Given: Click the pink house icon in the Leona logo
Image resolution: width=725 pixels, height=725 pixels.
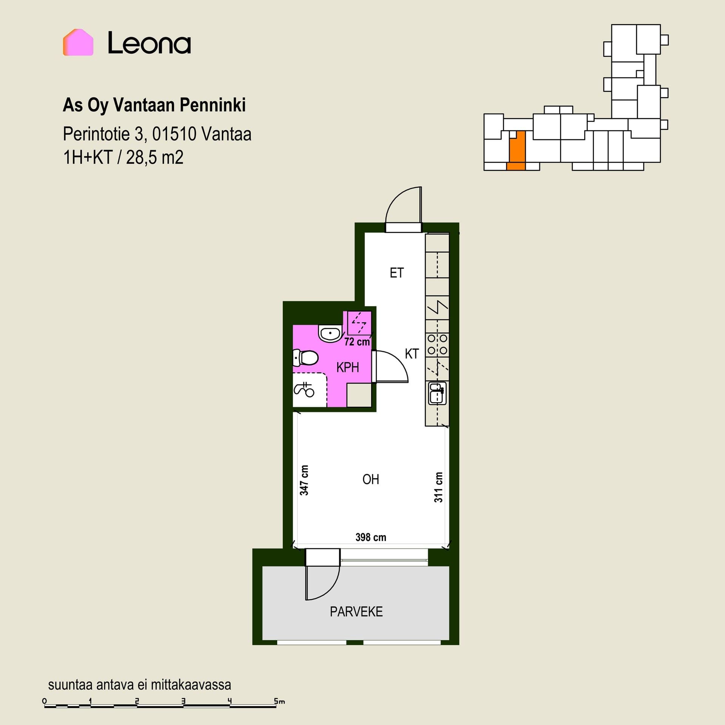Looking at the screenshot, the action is (78, 42).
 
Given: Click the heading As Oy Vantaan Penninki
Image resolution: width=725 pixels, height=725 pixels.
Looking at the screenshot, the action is (154, 105).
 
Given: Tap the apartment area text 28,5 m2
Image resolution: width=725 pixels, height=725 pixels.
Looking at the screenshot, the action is (155, 157).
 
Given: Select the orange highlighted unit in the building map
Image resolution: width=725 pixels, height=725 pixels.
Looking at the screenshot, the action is (517, 151).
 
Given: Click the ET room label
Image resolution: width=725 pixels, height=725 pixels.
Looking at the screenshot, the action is (397, 273).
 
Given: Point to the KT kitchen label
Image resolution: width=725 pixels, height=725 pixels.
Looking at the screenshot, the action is (412, 354).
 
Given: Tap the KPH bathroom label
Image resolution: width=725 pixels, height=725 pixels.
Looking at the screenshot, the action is (347, 367).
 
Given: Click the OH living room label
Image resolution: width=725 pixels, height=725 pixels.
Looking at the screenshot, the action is (370, 480).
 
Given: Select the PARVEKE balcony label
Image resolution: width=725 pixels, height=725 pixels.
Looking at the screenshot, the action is (356, 612).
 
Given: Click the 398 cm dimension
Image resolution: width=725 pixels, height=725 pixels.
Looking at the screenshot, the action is (371, 537).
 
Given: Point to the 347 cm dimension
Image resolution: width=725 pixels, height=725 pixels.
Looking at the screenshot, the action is (304, 480).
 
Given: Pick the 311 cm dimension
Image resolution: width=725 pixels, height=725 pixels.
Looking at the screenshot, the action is (438, 487).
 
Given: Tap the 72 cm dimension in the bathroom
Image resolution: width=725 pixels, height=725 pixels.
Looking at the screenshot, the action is (357, 342).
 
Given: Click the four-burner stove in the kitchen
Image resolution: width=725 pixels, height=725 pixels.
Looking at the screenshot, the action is (437, 344).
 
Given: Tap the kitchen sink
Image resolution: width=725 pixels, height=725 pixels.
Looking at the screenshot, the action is (437, 393).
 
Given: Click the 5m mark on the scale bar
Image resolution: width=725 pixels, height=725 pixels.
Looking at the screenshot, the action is (279, 701).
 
